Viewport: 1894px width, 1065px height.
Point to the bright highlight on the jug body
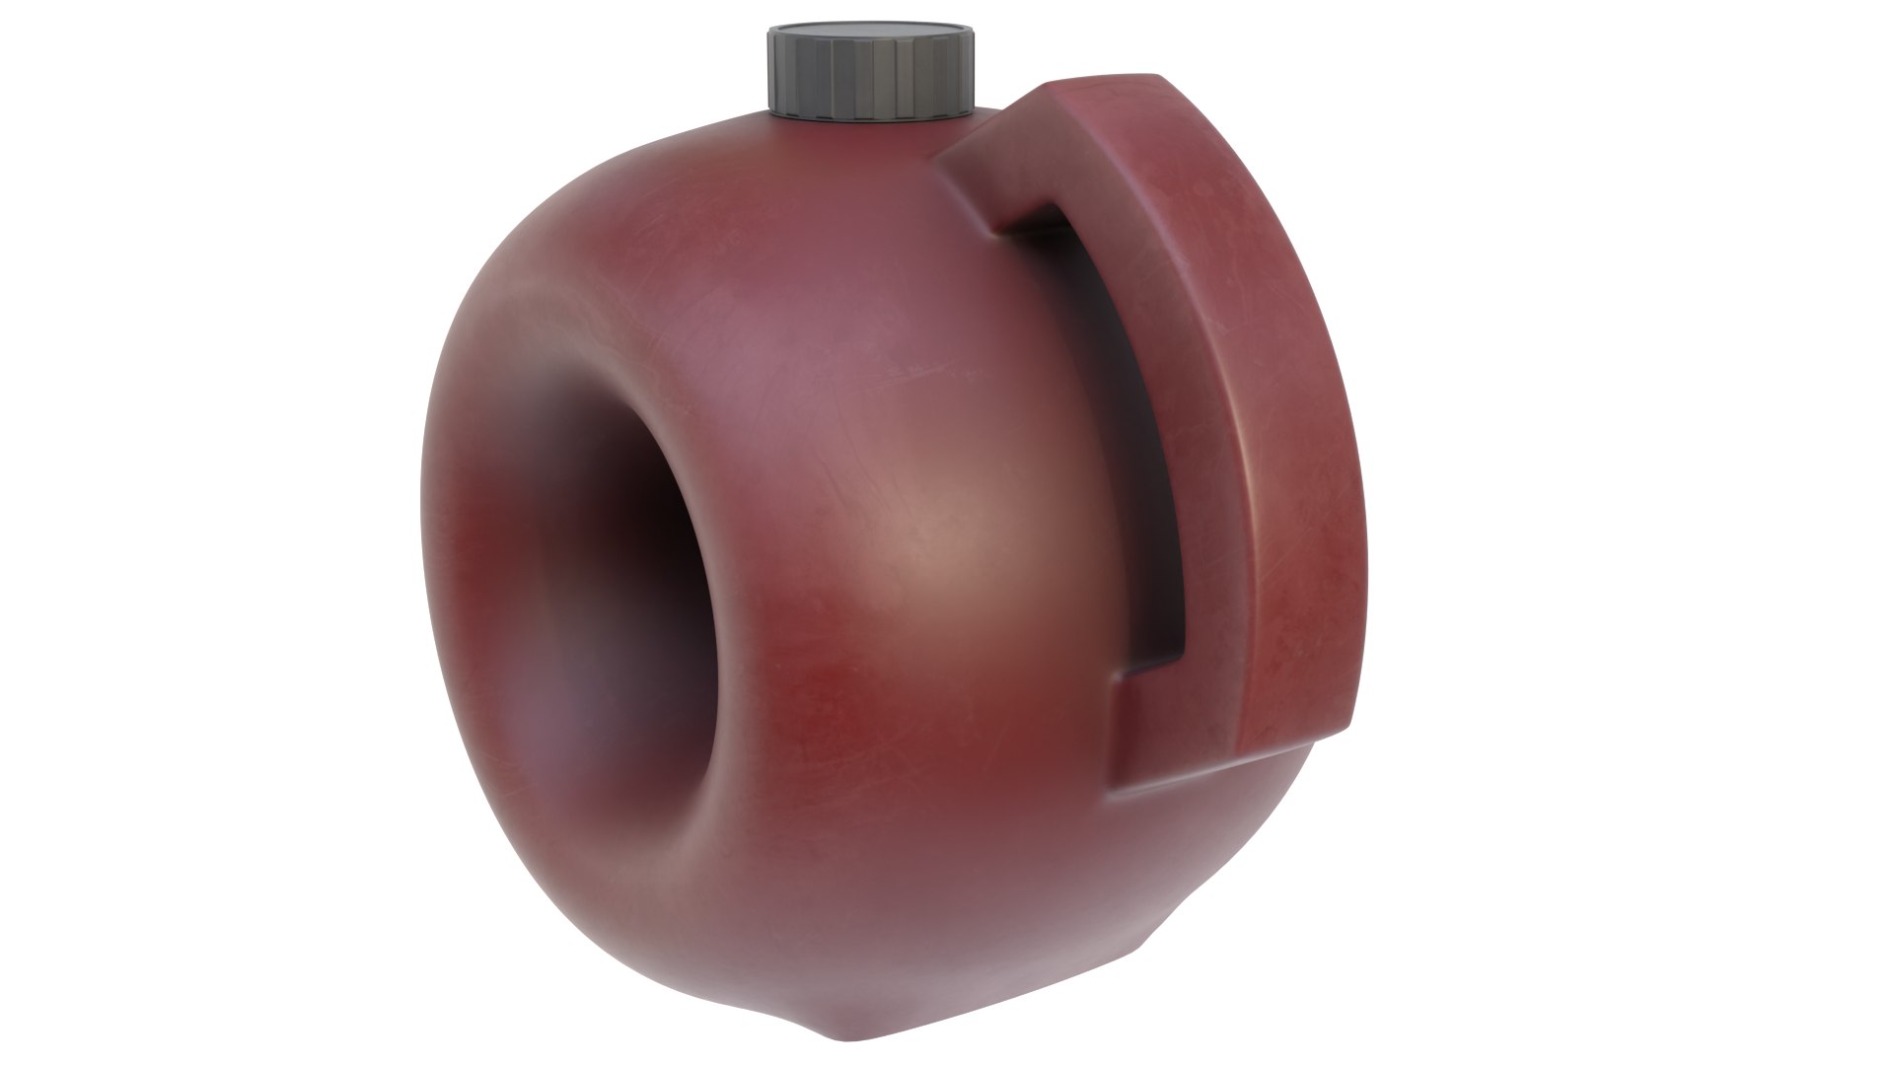pos(947,562)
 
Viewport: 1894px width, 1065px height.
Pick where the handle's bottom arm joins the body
pos(1125,730)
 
